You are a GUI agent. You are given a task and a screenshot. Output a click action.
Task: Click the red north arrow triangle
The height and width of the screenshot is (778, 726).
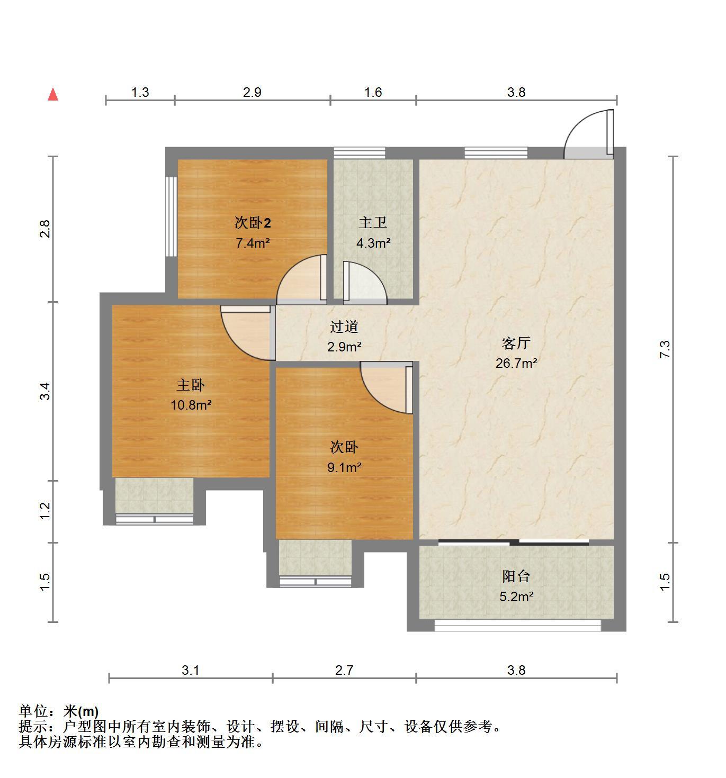tap(53, 94)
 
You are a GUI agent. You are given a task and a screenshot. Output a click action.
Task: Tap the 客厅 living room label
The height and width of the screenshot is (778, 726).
tap(516, 343)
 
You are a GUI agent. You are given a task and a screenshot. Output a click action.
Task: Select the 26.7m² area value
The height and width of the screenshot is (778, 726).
tap(516, 363)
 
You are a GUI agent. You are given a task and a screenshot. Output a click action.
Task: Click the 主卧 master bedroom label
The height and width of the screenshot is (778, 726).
tap(191, 385)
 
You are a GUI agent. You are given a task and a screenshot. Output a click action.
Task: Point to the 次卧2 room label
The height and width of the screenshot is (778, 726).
tap(253, 223)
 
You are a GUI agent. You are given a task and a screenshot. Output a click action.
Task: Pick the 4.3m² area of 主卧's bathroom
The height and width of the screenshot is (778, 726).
tap(373, 243)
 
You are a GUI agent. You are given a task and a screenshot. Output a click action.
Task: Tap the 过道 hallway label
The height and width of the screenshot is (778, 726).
tap(344, 327)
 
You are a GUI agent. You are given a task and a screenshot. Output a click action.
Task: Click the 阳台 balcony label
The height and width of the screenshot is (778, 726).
tap(516, 576)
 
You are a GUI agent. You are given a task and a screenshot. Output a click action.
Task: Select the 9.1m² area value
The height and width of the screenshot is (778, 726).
tap(344, 467)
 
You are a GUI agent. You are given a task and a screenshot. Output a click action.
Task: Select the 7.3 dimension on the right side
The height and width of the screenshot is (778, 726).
tap(665, 349)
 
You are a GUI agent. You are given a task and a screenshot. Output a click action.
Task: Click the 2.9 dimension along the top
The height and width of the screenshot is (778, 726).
tap(252, 92)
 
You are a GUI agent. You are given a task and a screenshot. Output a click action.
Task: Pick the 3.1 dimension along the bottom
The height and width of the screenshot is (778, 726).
tap(191, 670)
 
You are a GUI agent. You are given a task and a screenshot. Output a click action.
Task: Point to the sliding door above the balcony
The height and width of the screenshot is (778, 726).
tap(514, 542)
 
